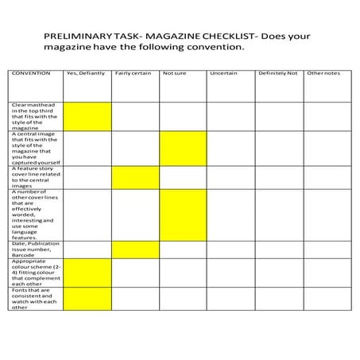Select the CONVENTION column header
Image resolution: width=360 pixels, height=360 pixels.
click(x=31, y=73)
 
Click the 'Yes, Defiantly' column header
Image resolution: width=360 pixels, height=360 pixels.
click(x=84, y=73)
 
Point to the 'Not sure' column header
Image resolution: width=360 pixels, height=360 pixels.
click(x=174, y=73)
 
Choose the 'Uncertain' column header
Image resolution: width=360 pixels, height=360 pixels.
click(x=223, y=73)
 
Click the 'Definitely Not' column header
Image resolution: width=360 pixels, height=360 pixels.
click(x=277, y=73)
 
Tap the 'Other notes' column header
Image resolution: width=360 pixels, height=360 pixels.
click(x=323, y=73)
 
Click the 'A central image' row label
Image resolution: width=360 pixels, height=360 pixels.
click(x=34, y=149)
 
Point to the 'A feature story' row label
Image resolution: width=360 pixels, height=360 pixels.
click(x=34, y=177)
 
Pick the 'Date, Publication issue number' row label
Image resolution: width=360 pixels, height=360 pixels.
click(x=36, y=250)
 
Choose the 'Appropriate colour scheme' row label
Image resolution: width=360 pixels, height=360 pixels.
click(x=34, y=273)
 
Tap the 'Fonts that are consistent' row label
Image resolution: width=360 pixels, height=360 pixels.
click(x=34, y=299)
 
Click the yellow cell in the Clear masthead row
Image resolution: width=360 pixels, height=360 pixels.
click(x=87, y=116)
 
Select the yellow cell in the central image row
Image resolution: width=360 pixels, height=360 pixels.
click(x=182, y=149)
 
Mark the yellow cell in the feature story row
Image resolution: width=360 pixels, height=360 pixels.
click(x=134, y=177)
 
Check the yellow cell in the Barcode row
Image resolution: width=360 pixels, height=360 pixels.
click(x=134, y=250)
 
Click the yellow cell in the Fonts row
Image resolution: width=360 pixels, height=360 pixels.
click(x=87, y=299)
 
